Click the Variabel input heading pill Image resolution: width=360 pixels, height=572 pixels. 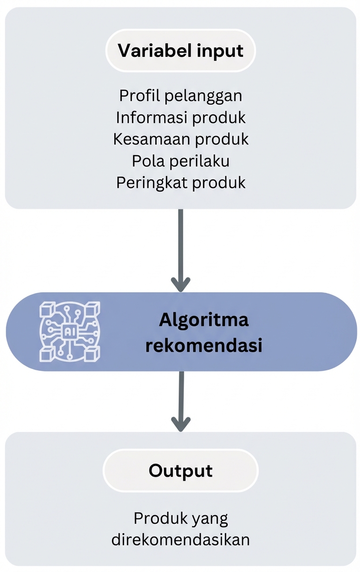[x=180, y=51]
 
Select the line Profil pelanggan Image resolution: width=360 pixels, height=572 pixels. [x=180, y=95]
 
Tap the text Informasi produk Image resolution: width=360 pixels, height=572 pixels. [x=180, y=117]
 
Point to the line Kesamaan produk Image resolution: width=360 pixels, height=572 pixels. [x=180, y=139]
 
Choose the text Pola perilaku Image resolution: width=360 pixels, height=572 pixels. [x=180, y=161]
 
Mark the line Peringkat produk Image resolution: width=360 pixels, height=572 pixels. [x=180, y=183]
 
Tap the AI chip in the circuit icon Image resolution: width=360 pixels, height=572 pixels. [x=70, y=332]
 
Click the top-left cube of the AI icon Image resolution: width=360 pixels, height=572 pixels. [x=46, y=309]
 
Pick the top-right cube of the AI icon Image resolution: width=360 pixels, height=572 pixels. [x=93, y=309]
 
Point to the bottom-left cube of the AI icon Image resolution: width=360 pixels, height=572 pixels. [x=46, y=354]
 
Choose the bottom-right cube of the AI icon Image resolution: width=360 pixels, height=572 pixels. [x=93, y=354]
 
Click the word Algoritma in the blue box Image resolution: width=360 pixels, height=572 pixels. [x=203, y=320]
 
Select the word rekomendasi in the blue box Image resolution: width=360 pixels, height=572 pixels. [x=203, y=346]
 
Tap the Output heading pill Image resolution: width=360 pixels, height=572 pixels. [x=180, y=470]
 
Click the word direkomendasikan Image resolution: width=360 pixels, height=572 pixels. [x=180, y=540]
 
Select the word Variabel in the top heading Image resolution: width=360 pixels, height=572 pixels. [x=148, y=51]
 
